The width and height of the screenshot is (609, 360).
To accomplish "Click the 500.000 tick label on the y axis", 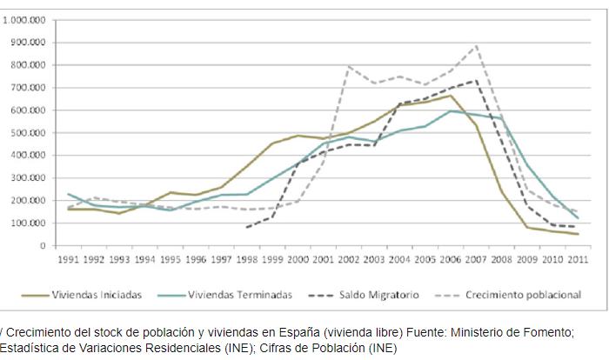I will (x=30, y=132).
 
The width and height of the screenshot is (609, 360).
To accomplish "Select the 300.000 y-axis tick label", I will (x=30, y=177).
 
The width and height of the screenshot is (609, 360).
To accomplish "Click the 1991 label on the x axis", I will (x=69, y=259).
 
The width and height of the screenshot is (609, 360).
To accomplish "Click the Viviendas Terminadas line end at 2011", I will (x=578, y=217).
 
